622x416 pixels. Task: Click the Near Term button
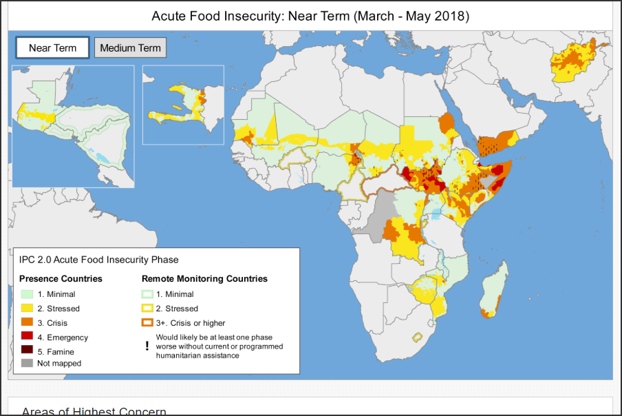click(53, 48)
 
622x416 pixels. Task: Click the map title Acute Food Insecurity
click(310, 15)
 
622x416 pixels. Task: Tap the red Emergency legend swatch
click(27, 337)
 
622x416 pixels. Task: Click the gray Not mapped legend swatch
click(27, 363)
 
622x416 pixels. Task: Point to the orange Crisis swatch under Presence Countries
click(27, 323)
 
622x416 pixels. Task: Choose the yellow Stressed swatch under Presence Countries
click(27, 309)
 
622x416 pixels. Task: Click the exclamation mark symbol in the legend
click(147, 346)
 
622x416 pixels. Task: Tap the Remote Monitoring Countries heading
click(204, 279)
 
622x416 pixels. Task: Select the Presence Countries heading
click(61, 279)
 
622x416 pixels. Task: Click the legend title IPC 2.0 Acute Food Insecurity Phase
click(98, 260)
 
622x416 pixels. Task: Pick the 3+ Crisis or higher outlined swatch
click(147, 323)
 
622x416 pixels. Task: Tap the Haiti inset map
click(183, 105)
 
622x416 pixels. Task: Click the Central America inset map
click(72, 126)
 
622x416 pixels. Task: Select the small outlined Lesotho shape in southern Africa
click(416, 337)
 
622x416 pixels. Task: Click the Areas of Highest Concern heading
click(94, 411)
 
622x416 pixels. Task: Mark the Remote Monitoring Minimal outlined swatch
click(147, 294)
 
